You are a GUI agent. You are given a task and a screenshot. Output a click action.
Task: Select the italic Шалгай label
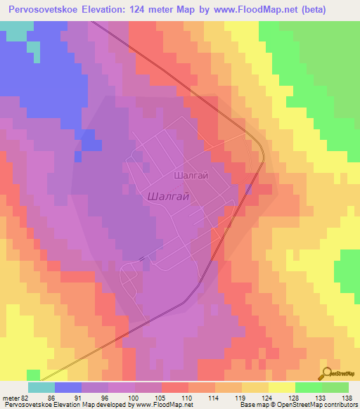169,197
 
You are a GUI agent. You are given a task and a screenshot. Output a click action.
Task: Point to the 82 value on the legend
25,398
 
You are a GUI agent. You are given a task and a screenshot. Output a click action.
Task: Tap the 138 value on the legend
347,398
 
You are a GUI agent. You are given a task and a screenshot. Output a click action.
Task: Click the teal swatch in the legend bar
41,387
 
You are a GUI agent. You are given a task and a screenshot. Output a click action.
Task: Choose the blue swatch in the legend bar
68,387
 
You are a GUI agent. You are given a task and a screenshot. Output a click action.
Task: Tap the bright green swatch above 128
308,387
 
